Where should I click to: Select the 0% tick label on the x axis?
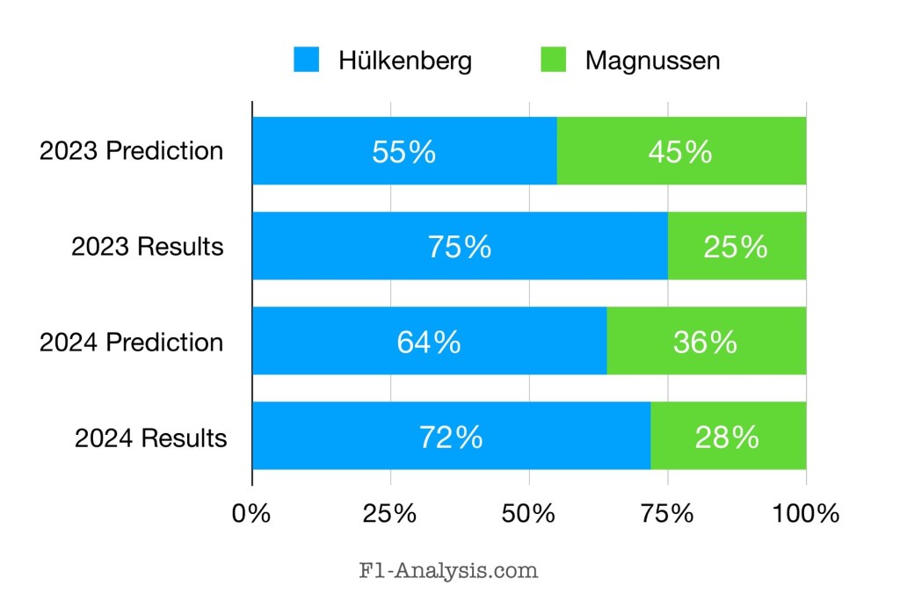pyautogui.click(x=251, y=513)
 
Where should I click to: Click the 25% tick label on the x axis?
pyautogui.click(x=390, y=513)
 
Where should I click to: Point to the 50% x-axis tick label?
pyautogui.click(x=529, y=513)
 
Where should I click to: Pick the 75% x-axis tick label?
pyautogui.click(x=668, y=513)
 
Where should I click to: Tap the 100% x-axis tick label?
pyautogui.click(x=806, y=513)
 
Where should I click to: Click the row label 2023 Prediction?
pyautogui.click(x=131, y=151)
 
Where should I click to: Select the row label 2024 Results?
pyautogui.click(x=150, y=438)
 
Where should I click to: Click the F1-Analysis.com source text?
pyautogui.click(x=448, y=570)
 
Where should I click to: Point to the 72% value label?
pyautogui.click(x=451, y=437)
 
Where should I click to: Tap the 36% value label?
pyautogui.click(x=705, y=342)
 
